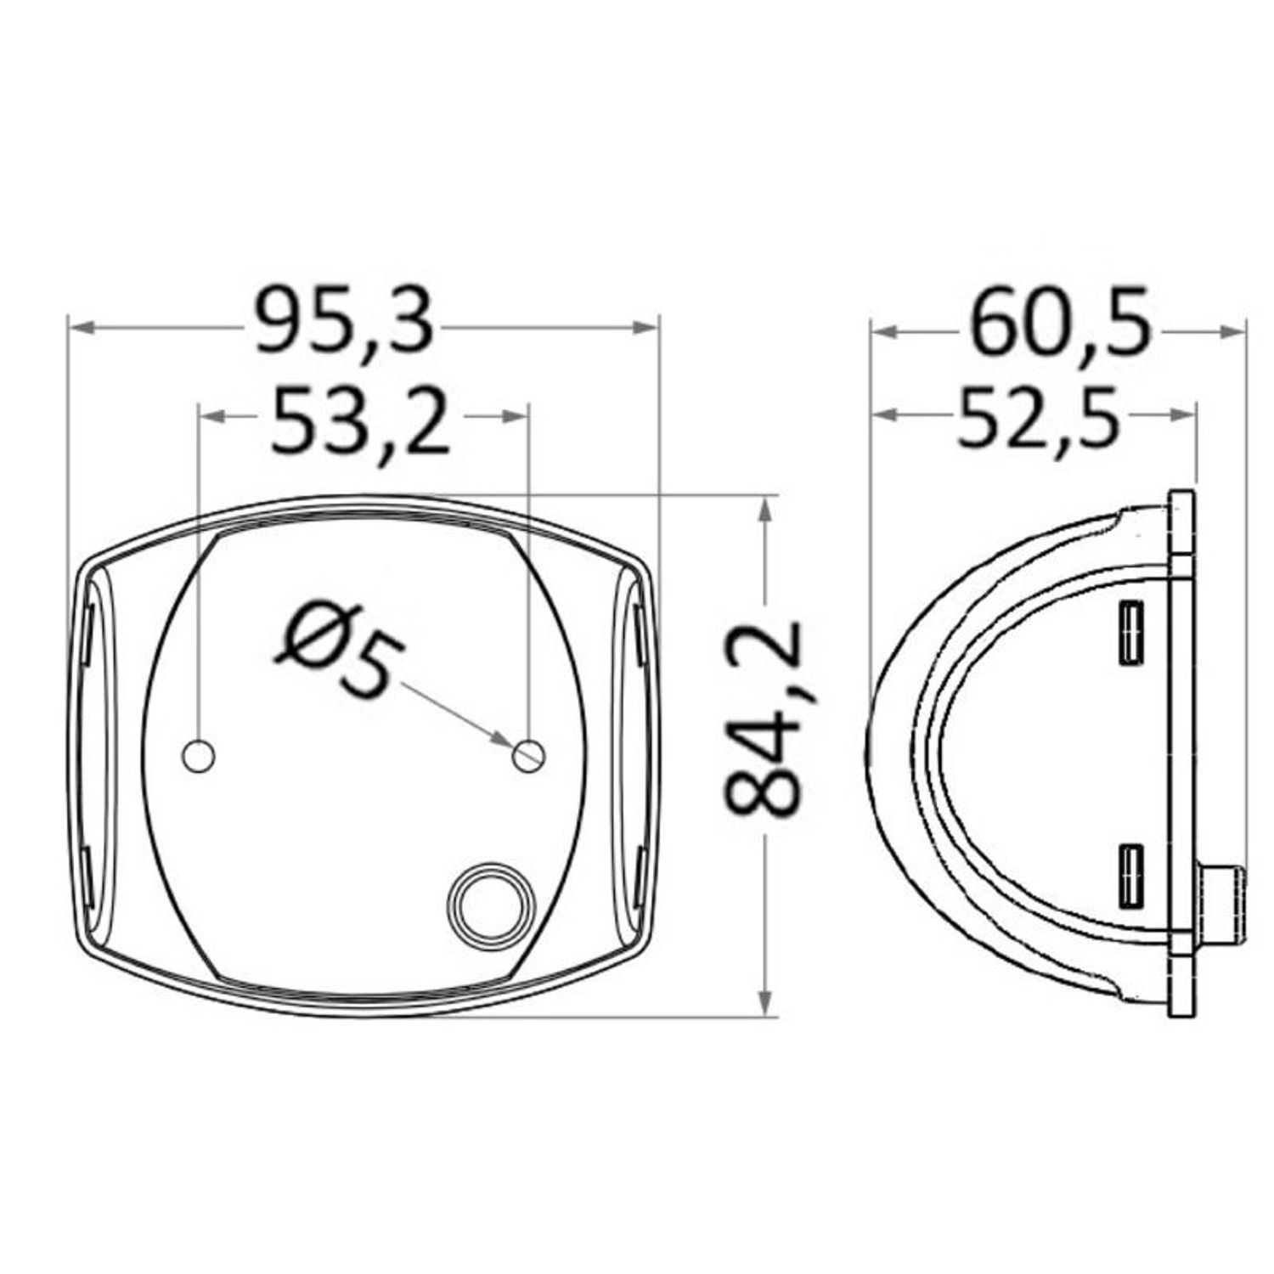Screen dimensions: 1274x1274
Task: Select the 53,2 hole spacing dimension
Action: point(360,418)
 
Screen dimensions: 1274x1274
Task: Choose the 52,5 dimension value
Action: point(1036,416)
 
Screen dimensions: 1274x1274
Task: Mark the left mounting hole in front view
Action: point(200,755)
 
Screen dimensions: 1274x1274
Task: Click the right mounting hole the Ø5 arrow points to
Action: point(530,755)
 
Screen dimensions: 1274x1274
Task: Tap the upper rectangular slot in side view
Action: point(1130,632)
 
